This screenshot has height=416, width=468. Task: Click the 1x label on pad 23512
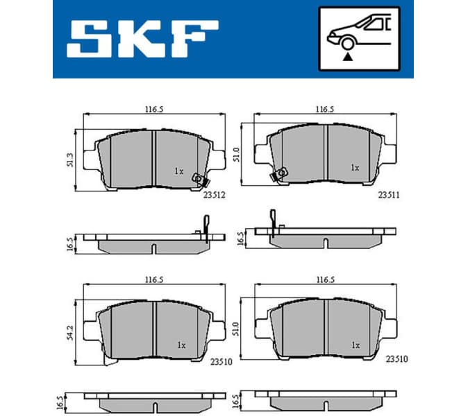[x=178, y=171]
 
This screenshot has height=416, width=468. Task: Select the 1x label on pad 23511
[x=355, y=168]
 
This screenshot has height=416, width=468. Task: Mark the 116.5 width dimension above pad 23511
[x=325, y=110]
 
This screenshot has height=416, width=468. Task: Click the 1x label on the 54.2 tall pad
[x=181, y=345]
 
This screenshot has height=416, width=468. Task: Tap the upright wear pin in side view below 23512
[x=206, y=228]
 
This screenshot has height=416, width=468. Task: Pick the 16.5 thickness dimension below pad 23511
[x=241, y=239]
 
